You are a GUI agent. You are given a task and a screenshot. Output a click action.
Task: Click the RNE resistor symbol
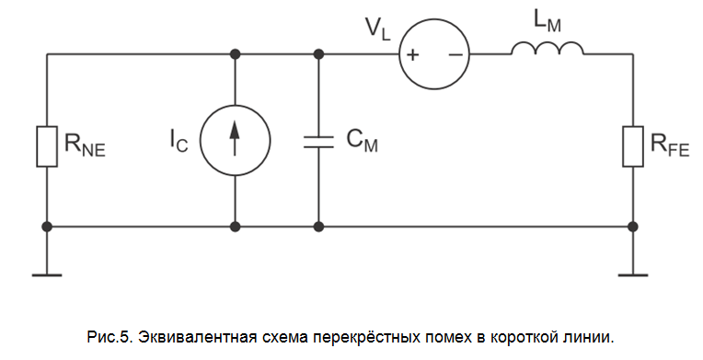pos(46,146)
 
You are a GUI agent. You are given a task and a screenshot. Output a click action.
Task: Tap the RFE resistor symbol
pos(632,146)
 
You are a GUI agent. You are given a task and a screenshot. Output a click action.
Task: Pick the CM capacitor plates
pos(318,140)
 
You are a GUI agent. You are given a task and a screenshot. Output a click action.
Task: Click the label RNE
pos(84,145)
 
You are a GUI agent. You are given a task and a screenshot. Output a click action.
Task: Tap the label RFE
pos(669,145)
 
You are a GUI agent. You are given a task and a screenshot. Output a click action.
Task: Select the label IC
pos(180,140)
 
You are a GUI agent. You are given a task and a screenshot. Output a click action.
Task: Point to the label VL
pos(378,28)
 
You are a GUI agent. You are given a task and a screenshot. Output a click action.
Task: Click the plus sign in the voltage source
pos(414,55)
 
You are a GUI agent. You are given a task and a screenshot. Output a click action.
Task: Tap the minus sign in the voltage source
pos(455,55)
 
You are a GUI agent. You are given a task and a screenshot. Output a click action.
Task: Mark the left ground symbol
pos(46,272)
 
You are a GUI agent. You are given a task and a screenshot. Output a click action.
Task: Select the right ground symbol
pos(632,272)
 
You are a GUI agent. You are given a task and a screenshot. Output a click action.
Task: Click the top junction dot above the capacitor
pos(318,54)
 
